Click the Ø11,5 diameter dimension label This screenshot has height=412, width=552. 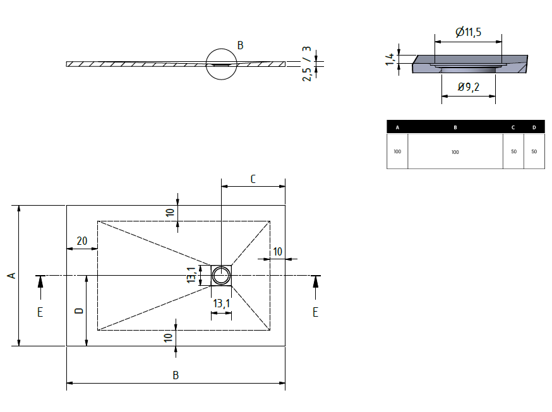click(468, 32)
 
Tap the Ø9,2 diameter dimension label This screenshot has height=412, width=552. click(468, 87)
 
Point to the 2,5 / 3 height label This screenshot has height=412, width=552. click(307, 63)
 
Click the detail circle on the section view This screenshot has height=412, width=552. click(222, 64)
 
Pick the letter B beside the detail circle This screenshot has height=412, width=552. click(240, 45)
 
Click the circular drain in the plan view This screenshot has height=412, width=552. click(222, 275)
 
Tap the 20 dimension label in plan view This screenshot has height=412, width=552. click(81, 240)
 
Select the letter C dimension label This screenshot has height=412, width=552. click(253, 179)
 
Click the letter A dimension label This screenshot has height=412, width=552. click(10, 275)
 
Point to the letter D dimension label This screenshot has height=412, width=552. click(78, 310)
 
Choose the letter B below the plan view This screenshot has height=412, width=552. click(176, 375)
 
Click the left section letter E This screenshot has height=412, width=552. click(40, 312)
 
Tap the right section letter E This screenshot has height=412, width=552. click(315, 312)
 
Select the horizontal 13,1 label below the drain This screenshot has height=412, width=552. click(221, 303)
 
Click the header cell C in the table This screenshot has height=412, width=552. click(513, 127)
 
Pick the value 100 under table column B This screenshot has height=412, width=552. click(455, 152)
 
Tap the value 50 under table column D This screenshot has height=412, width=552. click(534, 152)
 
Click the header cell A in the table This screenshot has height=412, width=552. click(397, 127)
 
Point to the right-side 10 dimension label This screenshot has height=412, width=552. click(278, 252)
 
